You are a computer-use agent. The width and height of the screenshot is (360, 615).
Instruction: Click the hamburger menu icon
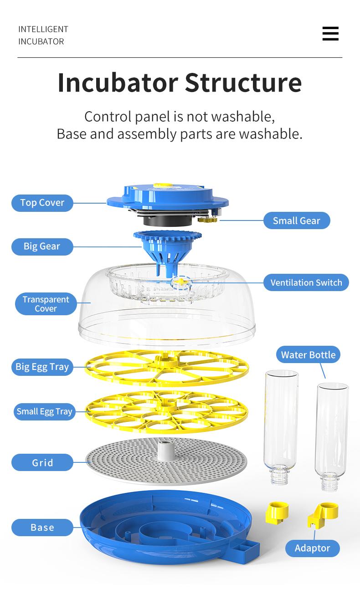point(330,34)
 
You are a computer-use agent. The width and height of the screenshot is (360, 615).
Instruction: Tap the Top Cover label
point(42,203)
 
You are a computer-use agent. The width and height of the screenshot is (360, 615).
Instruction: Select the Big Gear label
point(42,246)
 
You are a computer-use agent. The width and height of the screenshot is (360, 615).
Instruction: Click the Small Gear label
point(296,221)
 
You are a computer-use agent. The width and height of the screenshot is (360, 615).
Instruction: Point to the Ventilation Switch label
point(306,282)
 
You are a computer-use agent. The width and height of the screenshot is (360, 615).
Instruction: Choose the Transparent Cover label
point(46,304)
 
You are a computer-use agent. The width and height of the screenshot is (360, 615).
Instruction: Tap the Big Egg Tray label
point(42,367)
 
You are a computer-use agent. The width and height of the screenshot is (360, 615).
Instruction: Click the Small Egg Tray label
point(44,411)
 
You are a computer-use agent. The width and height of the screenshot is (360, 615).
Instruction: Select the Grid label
point(42,463)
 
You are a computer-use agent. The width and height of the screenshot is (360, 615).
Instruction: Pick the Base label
point(42,528)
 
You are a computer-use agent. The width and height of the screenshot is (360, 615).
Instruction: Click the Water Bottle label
point(308,355)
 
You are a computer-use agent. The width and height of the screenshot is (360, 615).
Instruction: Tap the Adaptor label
point(312,548)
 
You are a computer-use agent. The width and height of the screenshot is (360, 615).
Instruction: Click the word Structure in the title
point(243,82)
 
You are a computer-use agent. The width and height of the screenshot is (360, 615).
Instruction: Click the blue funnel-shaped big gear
point(167,248)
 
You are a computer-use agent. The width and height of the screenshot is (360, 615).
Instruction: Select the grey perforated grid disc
point(166,462)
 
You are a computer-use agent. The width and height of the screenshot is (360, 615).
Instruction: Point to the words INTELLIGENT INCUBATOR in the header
point(43,35)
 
